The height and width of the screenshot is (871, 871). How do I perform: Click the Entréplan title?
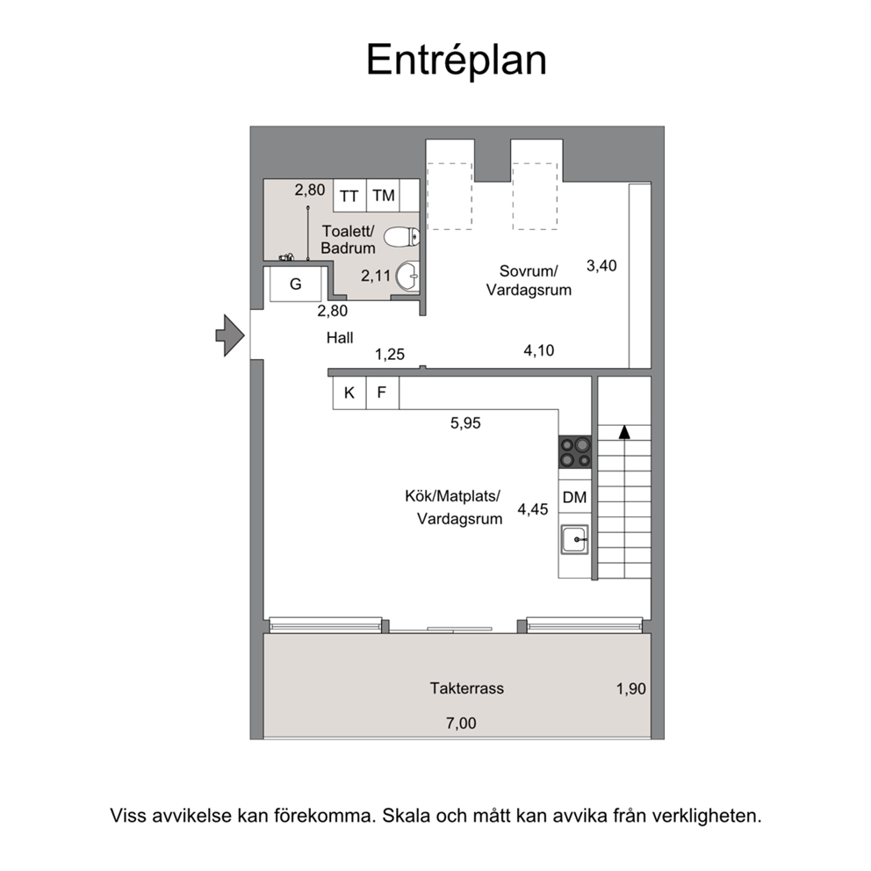click(x=457, y=60)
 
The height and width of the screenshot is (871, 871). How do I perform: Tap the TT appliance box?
click(x=349, y=195)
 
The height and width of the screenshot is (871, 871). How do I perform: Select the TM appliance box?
click(x=384, y=195)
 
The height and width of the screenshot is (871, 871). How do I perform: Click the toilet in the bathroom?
click(x=401, y=237)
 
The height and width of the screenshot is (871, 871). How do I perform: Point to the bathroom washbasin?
click(x=407, y=276)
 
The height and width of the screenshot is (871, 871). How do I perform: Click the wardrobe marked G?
click(x=296, y=284)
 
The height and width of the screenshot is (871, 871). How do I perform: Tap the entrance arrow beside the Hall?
click(x=230, y=335)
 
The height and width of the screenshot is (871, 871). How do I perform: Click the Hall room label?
click(x=340, y=338)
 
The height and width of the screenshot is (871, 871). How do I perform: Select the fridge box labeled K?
click(x=349, y=392)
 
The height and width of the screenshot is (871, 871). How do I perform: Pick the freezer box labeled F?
click(x=382, y=392)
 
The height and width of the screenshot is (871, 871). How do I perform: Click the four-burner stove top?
click(x=575, y=452)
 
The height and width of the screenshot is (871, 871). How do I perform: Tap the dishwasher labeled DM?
click(x=575, y=497)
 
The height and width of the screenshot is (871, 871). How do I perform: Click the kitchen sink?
click(x=574, y=539)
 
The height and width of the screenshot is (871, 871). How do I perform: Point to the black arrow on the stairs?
click(x=624, y=432)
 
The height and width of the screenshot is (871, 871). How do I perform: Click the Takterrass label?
click(x=466, y=688)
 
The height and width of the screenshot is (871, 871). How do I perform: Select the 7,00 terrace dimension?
click(x=461, y=723)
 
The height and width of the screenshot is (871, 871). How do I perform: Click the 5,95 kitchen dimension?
click(x=465, y=423)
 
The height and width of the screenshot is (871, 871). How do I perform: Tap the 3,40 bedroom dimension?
click(x=601, y=265)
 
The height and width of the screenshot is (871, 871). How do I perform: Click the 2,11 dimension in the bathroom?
click(x=376, y=276)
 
